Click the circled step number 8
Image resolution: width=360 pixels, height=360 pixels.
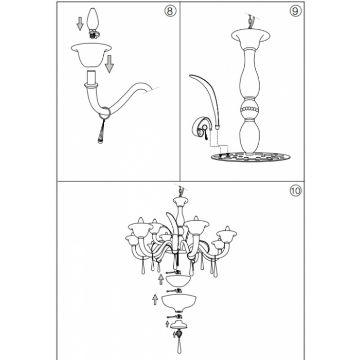[x=170, y=11]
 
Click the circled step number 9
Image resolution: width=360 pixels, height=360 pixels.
[x=295, y=11]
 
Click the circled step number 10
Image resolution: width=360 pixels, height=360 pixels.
[x=295, y=190]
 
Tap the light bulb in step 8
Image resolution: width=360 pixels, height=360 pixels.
[x=93, y=23]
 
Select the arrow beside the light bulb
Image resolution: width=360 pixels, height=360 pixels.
[x=80, y=24]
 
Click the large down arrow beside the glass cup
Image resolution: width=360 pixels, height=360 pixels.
[x=109, y=64]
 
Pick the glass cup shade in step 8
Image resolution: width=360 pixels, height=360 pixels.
[x=91, y=55]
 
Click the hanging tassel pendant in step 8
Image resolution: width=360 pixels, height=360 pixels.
[x=101, y=131]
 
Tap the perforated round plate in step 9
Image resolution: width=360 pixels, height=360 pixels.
[x=250, y=157]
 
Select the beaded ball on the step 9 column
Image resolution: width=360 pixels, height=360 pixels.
[x=249, y=109]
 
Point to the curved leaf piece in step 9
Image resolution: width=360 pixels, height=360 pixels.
[x=207, y=98]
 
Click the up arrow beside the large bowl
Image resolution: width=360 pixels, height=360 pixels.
[x=155, y=299]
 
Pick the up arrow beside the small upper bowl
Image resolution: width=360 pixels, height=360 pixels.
[x=161, y=279]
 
